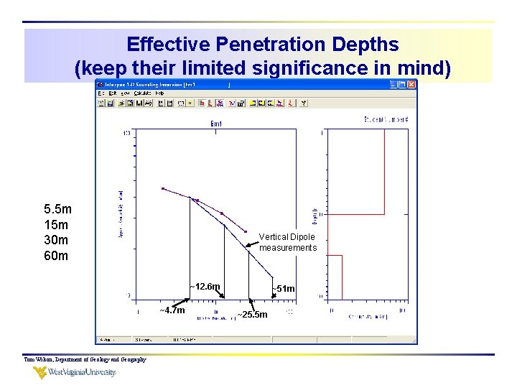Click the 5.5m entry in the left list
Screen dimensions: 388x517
(x=57, y=210)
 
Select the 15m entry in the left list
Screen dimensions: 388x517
(x=56, y=225)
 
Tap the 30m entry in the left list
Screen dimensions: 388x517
(x=56, y=240)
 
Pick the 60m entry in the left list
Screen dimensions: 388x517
(x=56, y=255)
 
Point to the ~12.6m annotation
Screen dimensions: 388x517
(x=205, y=287)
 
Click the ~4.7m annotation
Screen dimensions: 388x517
(x=172, y=310)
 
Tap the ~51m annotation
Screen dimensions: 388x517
(x=283, y=289)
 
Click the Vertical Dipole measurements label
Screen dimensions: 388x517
(x=287, y=242)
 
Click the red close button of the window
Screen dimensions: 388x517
(x=411, y=84)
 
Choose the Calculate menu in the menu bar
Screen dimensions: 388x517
(x=141, y=93)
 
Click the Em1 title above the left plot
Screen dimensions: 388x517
(x=216, y=124)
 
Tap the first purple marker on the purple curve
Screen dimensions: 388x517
(x=163, y=189)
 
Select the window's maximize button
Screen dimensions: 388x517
(x=402, y=84)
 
